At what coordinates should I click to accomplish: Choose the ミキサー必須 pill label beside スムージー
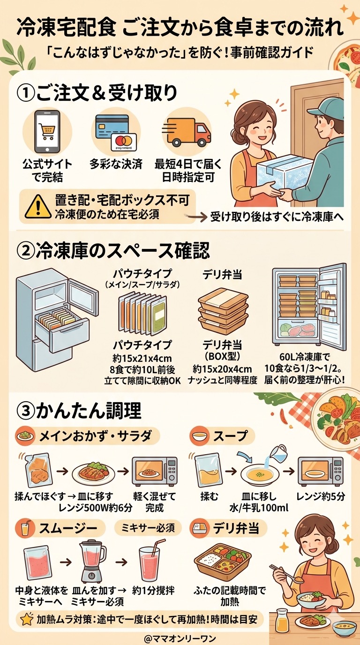click(148, 528)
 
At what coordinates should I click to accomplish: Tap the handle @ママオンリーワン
click(180, 638)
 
